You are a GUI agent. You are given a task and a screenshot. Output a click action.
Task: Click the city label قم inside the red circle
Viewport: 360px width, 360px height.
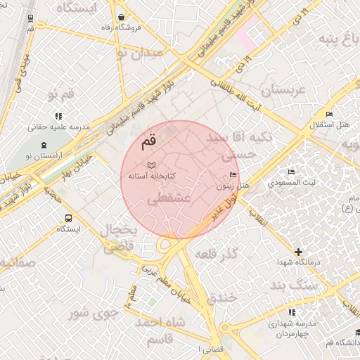point(150,140)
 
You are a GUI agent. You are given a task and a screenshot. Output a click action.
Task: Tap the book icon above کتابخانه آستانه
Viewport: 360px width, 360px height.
point(152,163)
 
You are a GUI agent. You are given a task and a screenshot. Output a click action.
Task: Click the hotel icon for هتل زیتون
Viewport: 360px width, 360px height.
point(234,175)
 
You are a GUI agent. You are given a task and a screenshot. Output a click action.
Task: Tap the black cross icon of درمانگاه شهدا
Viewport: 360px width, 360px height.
point(300,251)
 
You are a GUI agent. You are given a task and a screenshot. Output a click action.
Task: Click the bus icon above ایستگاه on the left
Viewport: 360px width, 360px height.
point(68,218)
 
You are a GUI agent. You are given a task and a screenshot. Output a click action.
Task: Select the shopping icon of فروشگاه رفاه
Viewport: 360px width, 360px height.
point(122,17)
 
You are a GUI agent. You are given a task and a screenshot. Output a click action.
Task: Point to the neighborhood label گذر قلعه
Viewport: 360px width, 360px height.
point(217,252)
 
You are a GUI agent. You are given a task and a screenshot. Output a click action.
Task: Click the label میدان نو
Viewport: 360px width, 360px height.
point(140,52)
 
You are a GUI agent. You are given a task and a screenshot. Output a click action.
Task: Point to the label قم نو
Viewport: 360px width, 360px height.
point(60,94)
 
